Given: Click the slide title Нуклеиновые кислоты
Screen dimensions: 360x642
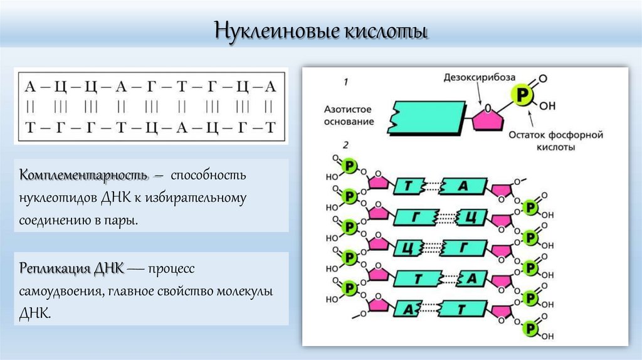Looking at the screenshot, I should (x=320, y=31).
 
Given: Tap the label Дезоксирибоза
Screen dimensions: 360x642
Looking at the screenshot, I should (x=480, y=77).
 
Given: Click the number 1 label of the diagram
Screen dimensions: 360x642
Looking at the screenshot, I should (x=345, y=82).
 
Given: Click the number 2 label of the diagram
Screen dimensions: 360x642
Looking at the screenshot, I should (x=345, y=145).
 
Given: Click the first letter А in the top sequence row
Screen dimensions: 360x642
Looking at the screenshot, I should (x=29, y=87).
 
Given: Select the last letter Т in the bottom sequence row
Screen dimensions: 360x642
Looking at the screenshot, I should (x=270, y=127).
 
